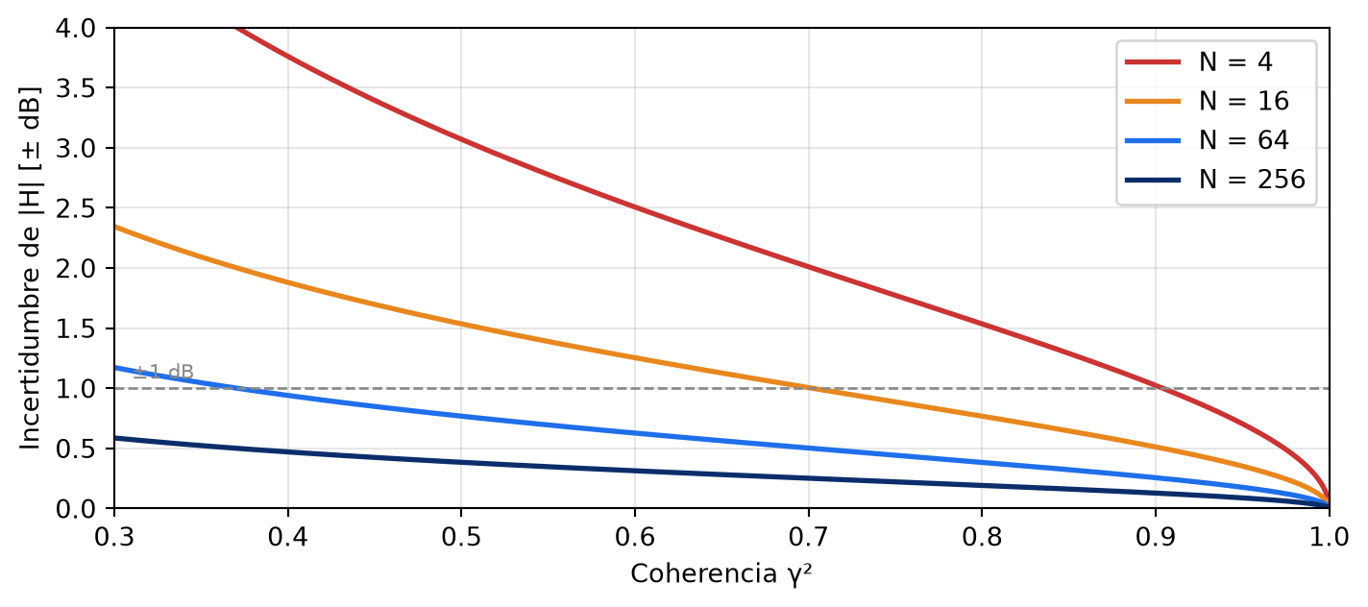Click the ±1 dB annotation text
click(x=163, y=372)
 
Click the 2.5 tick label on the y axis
click(x=76, y=208)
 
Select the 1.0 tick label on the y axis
click(x=76, y=388)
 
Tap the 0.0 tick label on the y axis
click(x=76, y=509)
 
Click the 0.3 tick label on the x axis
click(x=114, y=537)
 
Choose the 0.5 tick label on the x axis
click(x=461, y=537)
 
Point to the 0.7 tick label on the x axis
click(x=809, y=537)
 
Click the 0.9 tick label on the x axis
click(x=1156, y=537)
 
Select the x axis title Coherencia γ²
click(x=721, y=573)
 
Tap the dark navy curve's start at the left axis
click(x=115, y=438)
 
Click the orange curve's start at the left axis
click(x=115, y=227)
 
